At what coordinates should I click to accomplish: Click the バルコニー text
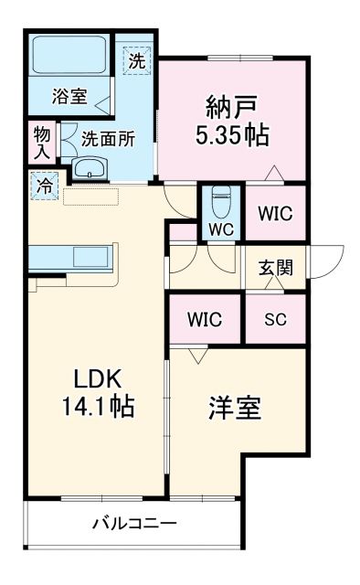[x=134, y=524]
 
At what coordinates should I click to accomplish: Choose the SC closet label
[x=274, y=321]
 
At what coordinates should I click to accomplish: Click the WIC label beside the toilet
[x=274, y=214]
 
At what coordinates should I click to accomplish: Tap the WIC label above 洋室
[x=205, y=321]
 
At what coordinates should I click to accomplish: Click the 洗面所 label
[x=108, y=140]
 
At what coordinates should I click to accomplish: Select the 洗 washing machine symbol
[x=135, y=61]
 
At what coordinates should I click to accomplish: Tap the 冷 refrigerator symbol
[x=45, y=185]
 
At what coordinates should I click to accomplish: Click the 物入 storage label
[x=40, y=144]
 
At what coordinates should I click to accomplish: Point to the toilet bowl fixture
[x=220, y=198]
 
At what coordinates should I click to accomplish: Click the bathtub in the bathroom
[x=69, y=58]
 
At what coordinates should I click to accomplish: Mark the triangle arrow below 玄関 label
[x=274, y=283]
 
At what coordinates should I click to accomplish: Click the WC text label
[x=220, y=229]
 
